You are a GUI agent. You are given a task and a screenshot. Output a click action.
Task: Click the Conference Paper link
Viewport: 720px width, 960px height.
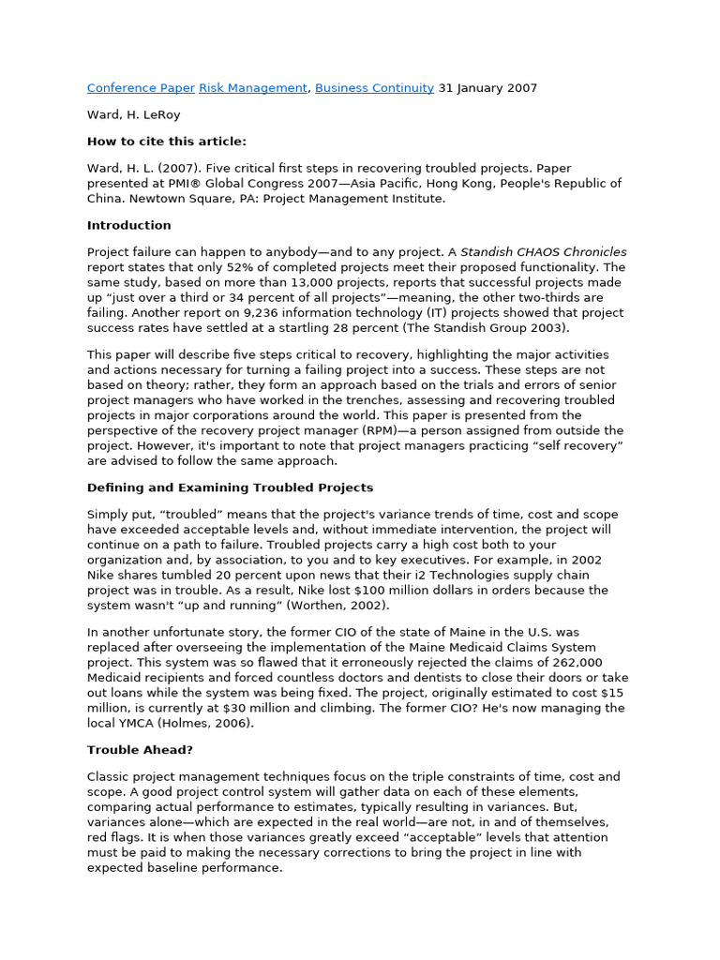tap(141, 88)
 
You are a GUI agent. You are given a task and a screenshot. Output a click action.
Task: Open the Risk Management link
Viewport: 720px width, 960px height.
tap(253, 88)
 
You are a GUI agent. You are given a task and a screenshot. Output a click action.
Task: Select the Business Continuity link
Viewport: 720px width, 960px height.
tap(374, 88)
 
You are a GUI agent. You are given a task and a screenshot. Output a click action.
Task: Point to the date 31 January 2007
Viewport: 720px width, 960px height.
tap(487, 88)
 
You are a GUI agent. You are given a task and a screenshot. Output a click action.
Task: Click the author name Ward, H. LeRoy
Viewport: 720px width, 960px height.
tap(134, 114)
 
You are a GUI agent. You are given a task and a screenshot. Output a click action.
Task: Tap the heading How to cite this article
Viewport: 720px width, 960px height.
tap(167, 142)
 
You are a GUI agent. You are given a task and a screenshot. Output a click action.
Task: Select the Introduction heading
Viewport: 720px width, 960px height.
tap(129, 225)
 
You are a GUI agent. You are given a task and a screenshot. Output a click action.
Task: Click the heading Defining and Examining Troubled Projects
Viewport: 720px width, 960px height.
tap(230, 487)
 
